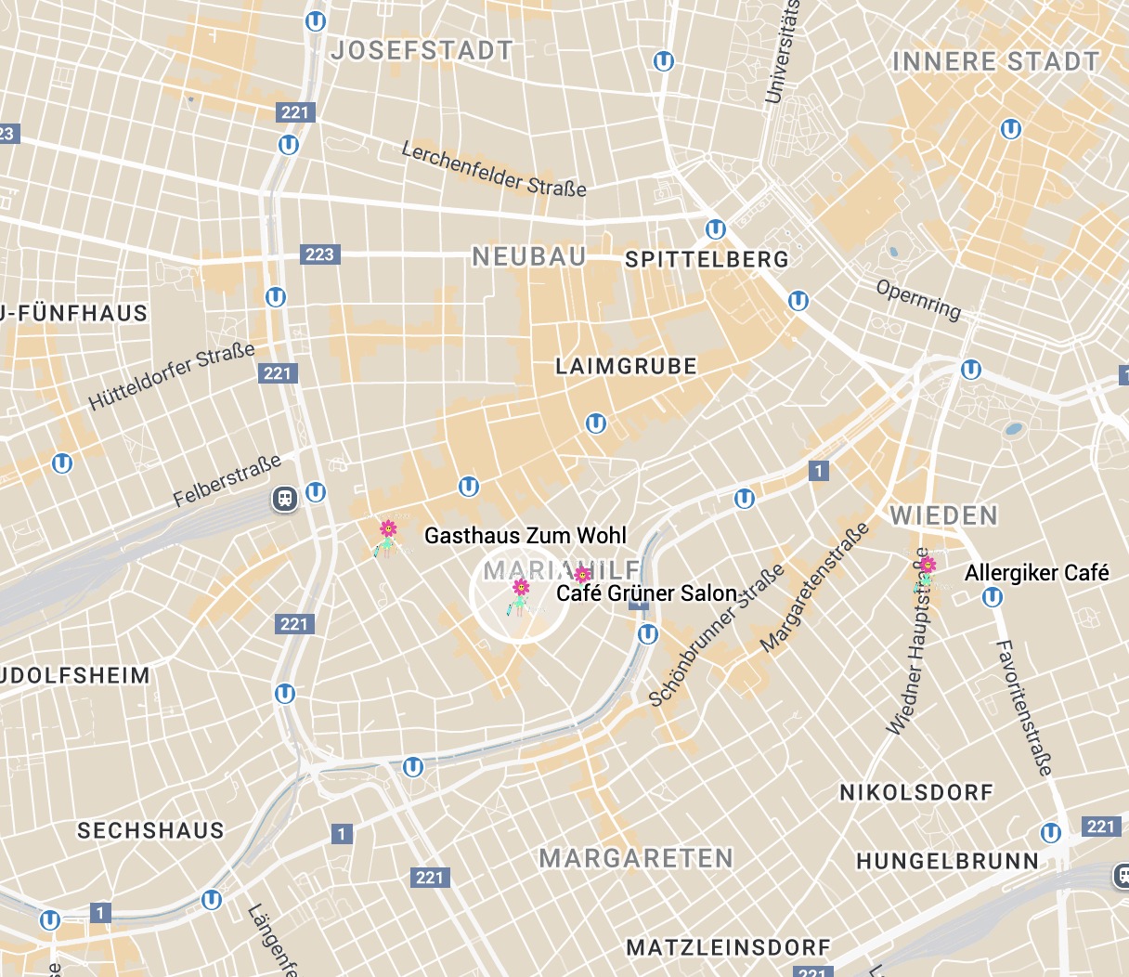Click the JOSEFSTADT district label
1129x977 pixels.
tap(422, 50)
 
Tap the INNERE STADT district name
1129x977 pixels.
tap(995, 62)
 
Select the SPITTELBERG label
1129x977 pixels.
tap(707, 260)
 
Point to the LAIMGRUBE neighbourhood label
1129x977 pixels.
tap(626, 367)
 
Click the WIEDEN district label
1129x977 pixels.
tap(944, 516)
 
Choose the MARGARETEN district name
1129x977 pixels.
tap(636, 858)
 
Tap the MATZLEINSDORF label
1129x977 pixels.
tap(729, 948)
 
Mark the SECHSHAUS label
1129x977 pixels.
tap(150, 831)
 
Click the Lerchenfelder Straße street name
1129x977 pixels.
tap(494, 169)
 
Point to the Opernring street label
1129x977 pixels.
tap(918, 299)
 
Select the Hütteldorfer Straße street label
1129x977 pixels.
tap(172, 377)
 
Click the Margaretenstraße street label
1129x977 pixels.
tap(815, 588)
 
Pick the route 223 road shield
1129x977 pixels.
tap(319, 254)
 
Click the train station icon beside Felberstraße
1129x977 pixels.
tap(285, 499)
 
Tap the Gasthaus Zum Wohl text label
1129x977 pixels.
tap(526, 536)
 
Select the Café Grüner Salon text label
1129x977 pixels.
tap(647, 593)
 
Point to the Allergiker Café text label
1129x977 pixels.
tap(1037, 573)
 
